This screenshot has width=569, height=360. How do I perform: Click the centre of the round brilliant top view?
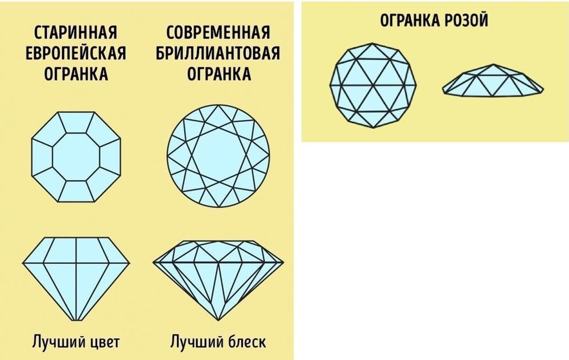[x=218, y=156]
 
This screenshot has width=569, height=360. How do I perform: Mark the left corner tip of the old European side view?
[x=23, y=263]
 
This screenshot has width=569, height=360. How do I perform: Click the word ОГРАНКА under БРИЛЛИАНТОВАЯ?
[x=218, y=75]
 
